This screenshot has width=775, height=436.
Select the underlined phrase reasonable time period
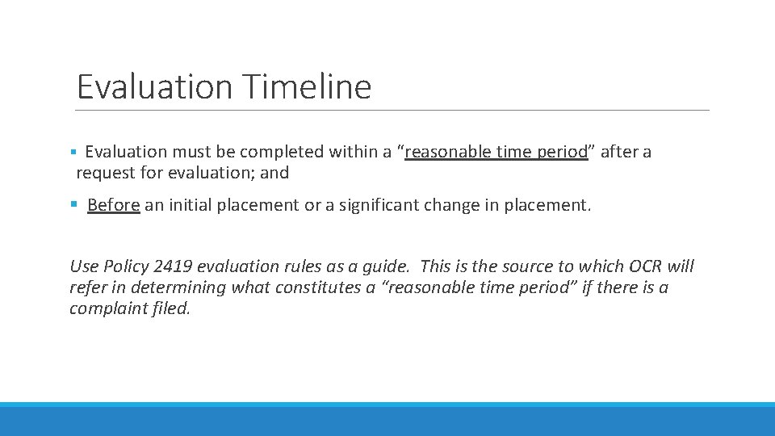coord(496,152)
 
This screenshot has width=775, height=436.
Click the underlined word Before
coord(114,205)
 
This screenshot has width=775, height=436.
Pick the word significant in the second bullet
coord(375,205)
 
